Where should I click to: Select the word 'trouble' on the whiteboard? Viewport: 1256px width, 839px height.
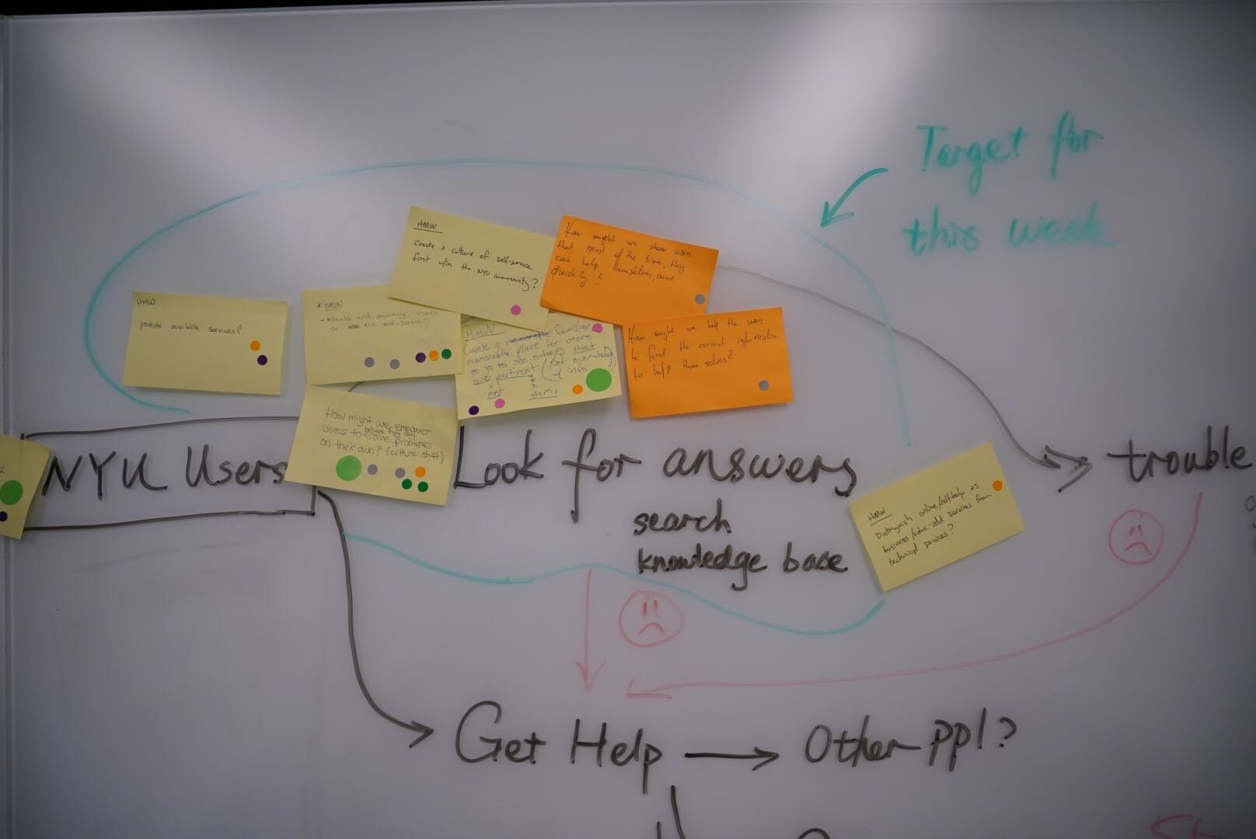[x=1178, y=457]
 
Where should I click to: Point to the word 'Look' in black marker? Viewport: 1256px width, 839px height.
[x=504, y=470]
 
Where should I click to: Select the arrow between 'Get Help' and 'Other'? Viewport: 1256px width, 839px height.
[x=731, y=754]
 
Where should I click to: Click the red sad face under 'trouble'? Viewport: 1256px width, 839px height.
[x=1136, y=536]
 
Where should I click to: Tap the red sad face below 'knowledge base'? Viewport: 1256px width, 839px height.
[x=651, y=616]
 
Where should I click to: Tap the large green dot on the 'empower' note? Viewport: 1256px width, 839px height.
[x=348, y=468]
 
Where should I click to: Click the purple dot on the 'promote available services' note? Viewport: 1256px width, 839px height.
[x=262, y=360]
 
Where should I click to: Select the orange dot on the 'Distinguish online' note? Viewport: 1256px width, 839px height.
[x=997, y=485]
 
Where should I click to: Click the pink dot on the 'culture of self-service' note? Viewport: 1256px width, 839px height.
[x=515, y=309]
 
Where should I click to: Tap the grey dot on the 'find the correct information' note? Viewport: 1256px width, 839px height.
[x=763, y=385]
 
